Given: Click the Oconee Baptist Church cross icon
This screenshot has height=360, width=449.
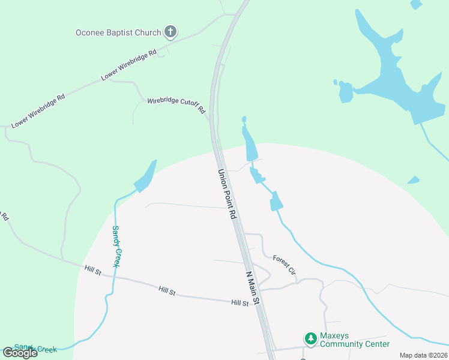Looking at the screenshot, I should [170, 32].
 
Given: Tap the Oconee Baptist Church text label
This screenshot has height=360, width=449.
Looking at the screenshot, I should [118, 32].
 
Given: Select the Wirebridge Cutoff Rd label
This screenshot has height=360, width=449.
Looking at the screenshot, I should [176, 106].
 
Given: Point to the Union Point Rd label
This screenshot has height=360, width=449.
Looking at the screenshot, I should [226, 194].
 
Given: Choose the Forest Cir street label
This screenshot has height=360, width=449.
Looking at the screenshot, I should [285, 265].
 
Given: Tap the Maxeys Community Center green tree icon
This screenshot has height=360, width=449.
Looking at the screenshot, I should [310, 339].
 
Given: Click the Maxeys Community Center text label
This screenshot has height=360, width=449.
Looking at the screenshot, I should [354, 340].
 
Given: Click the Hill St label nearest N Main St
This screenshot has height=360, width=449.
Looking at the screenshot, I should [240, 304].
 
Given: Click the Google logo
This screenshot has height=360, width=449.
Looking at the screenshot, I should [20, 353].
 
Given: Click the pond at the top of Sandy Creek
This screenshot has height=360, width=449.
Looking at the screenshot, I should [146, 176].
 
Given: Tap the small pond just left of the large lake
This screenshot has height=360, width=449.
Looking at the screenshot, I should [346, 92].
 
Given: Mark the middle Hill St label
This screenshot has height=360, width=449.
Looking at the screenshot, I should [166, 290].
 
